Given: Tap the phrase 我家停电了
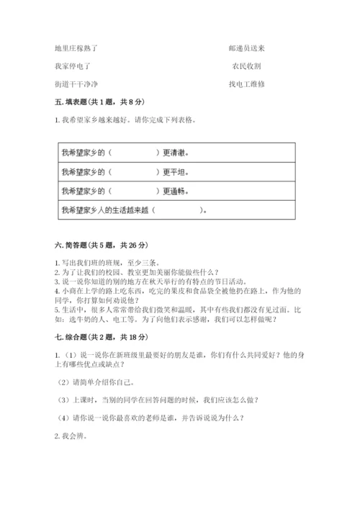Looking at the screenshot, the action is pos(72,66).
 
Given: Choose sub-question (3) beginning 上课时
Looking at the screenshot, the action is pos(158,400).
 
